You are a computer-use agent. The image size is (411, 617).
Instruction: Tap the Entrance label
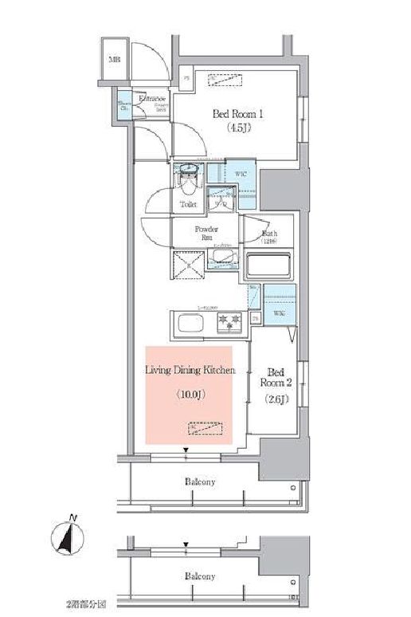click(151, 99)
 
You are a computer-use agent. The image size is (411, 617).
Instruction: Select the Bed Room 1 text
click(237, 113)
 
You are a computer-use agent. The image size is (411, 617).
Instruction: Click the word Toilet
click(188, 204)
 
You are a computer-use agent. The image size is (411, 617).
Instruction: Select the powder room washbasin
click(224, 258)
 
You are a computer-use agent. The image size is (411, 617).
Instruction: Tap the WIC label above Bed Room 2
click(279, 314)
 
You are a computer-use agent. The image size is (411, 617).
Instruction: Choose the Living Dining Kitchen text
click(189, 370)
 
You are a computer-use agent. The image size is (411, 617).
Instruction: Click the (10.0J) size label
click(189, 394)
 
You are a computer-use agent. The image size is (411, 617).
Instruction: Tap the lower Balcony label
click(200, 576)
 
